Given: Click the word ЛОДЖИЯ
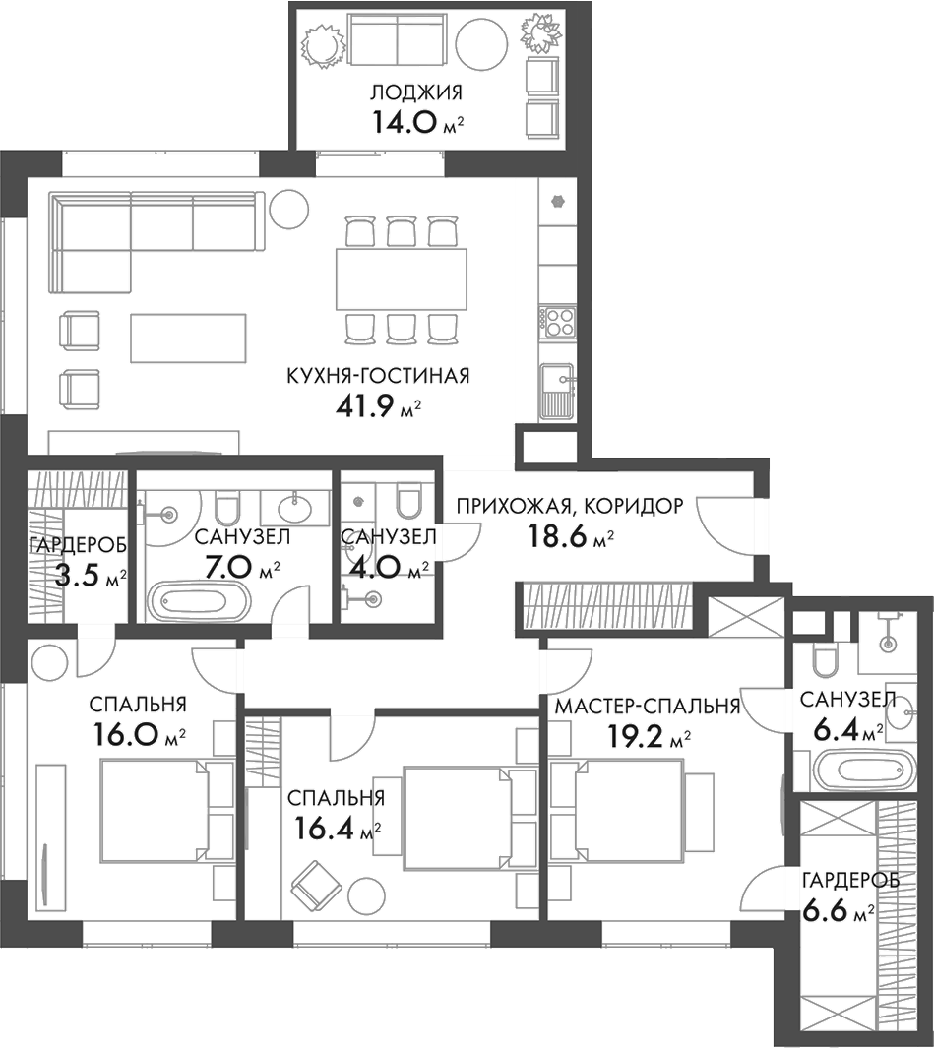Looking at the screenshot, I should [416, 93].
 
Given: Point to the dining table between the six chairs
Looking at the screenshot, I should [404, 278].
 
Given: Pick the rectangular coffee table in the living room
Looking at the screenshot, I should [187, 337].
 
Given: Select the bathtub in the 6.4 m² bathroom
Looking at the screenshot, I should [852, 769].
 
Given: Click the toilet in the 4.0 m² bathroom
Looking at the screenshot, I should [406, 504].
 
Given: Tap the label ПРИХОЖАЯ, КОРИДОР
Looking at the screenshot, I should [568, 507].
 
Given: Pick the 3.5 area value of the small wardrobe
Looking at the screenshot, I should [76, 577].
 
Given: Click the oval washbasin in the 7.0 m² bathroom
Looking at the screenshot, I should [292, 508].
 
